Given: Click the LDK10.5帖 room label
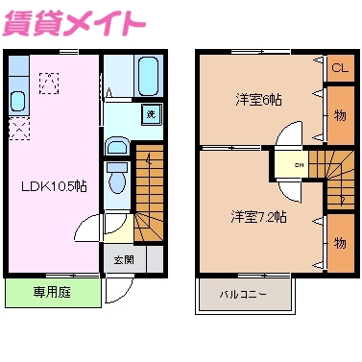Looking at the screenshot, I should [55, 184].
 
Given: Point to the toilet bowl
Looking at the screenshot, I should [117, 179].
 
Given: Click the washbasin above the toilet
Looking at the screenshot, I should [116, 147].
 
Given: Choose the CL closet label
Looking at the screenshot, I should [339, 68].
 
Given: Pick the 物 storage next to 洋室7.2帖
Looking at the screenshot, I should [339, 243].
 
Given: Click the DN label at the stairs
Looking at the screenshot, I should [299, 163].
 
